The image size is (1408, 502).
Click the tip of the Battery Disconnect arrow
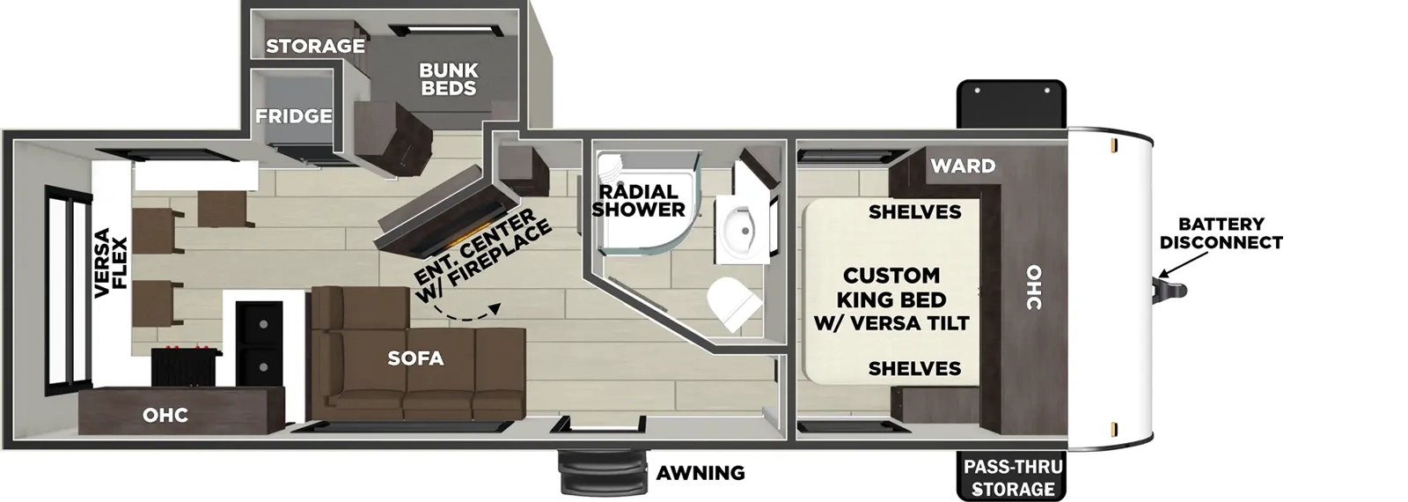1159,277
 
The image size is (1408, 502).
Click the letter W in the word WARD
940,166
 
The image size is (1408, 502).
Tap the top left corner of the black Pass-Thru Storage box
957,452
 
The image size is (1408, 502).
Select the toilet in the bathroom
734,304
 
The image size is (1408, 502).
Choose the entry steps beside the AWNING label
603,472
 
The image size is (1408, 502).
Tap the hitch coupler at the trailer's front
1170,291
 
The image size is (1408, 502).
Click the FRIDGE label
294,115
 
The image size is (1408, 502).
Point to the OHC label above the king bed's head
1034,287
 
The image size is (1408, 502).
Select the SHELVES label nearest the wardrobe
914,212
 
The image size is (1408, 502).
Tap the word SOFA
415,358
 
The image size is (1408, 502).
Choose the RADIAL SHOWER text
638,201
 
